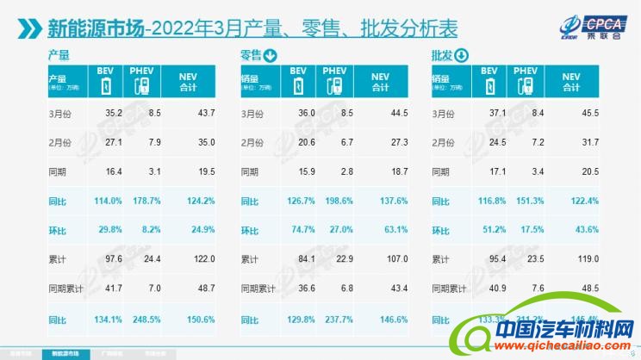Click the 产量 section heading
coord(59,55)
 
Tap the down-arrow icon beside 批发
coord(460,57)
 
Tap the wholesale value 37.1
coord(489,114)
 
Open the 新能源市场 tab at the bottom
coord(66,354)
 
